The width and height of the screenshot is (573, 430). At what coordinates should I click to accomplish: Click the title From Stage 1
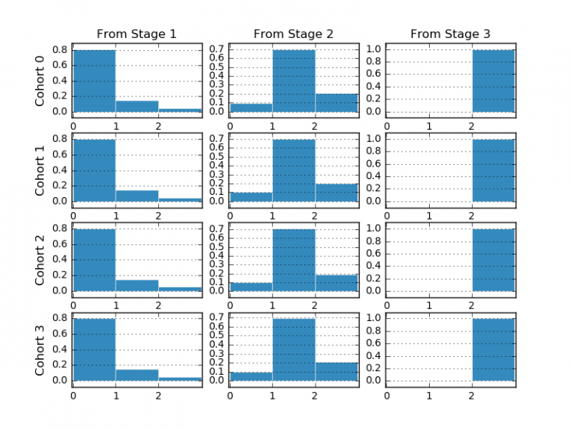click(x=137, y=34)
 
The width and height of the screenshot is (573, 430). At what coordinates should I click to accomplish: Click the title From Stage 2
click(x=294, y=34)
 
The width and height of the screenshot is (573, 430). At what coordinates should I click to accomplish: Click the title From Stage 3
click(x=451, y=34)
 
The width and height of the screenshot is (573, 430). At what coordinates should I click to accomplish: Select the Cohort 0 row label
click(x=41, y=81)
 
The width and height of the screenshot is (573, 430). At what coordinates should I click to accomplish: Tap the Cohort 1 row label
click(x=41, y=170)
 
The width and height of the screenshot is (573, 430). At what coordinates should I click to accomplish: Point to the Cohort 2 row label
click(x=41, y=260)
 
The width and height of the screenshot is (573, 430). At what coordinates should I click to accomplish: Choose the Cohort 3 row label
click(x=41, y=349)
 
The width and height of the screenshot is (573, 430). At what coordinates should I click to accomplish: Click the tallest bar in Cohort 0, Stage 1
click(x=94, y=81)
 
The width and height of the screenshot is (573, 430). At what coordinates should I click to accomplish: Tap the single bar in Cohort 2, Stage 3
click(x=493, y=260)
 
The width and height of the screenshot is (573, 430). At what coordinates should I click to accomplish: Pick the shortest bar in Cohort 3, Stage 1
click(x=180, y=378)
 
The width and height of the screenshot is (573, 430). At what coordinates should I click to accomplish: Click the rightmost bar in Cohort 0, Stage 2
click(x=336, y=103)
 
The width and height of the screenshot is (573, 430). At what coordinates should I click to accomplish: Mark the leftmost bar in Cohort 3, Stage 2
click(x=251, y=376)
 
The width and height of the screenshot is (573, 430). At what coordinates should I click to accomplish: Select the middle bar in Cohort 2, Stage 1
click(x=137, y=285)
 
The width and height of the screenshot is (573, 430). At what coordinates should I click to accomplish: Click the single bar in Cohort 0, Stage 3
click(x=493, y=81)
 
